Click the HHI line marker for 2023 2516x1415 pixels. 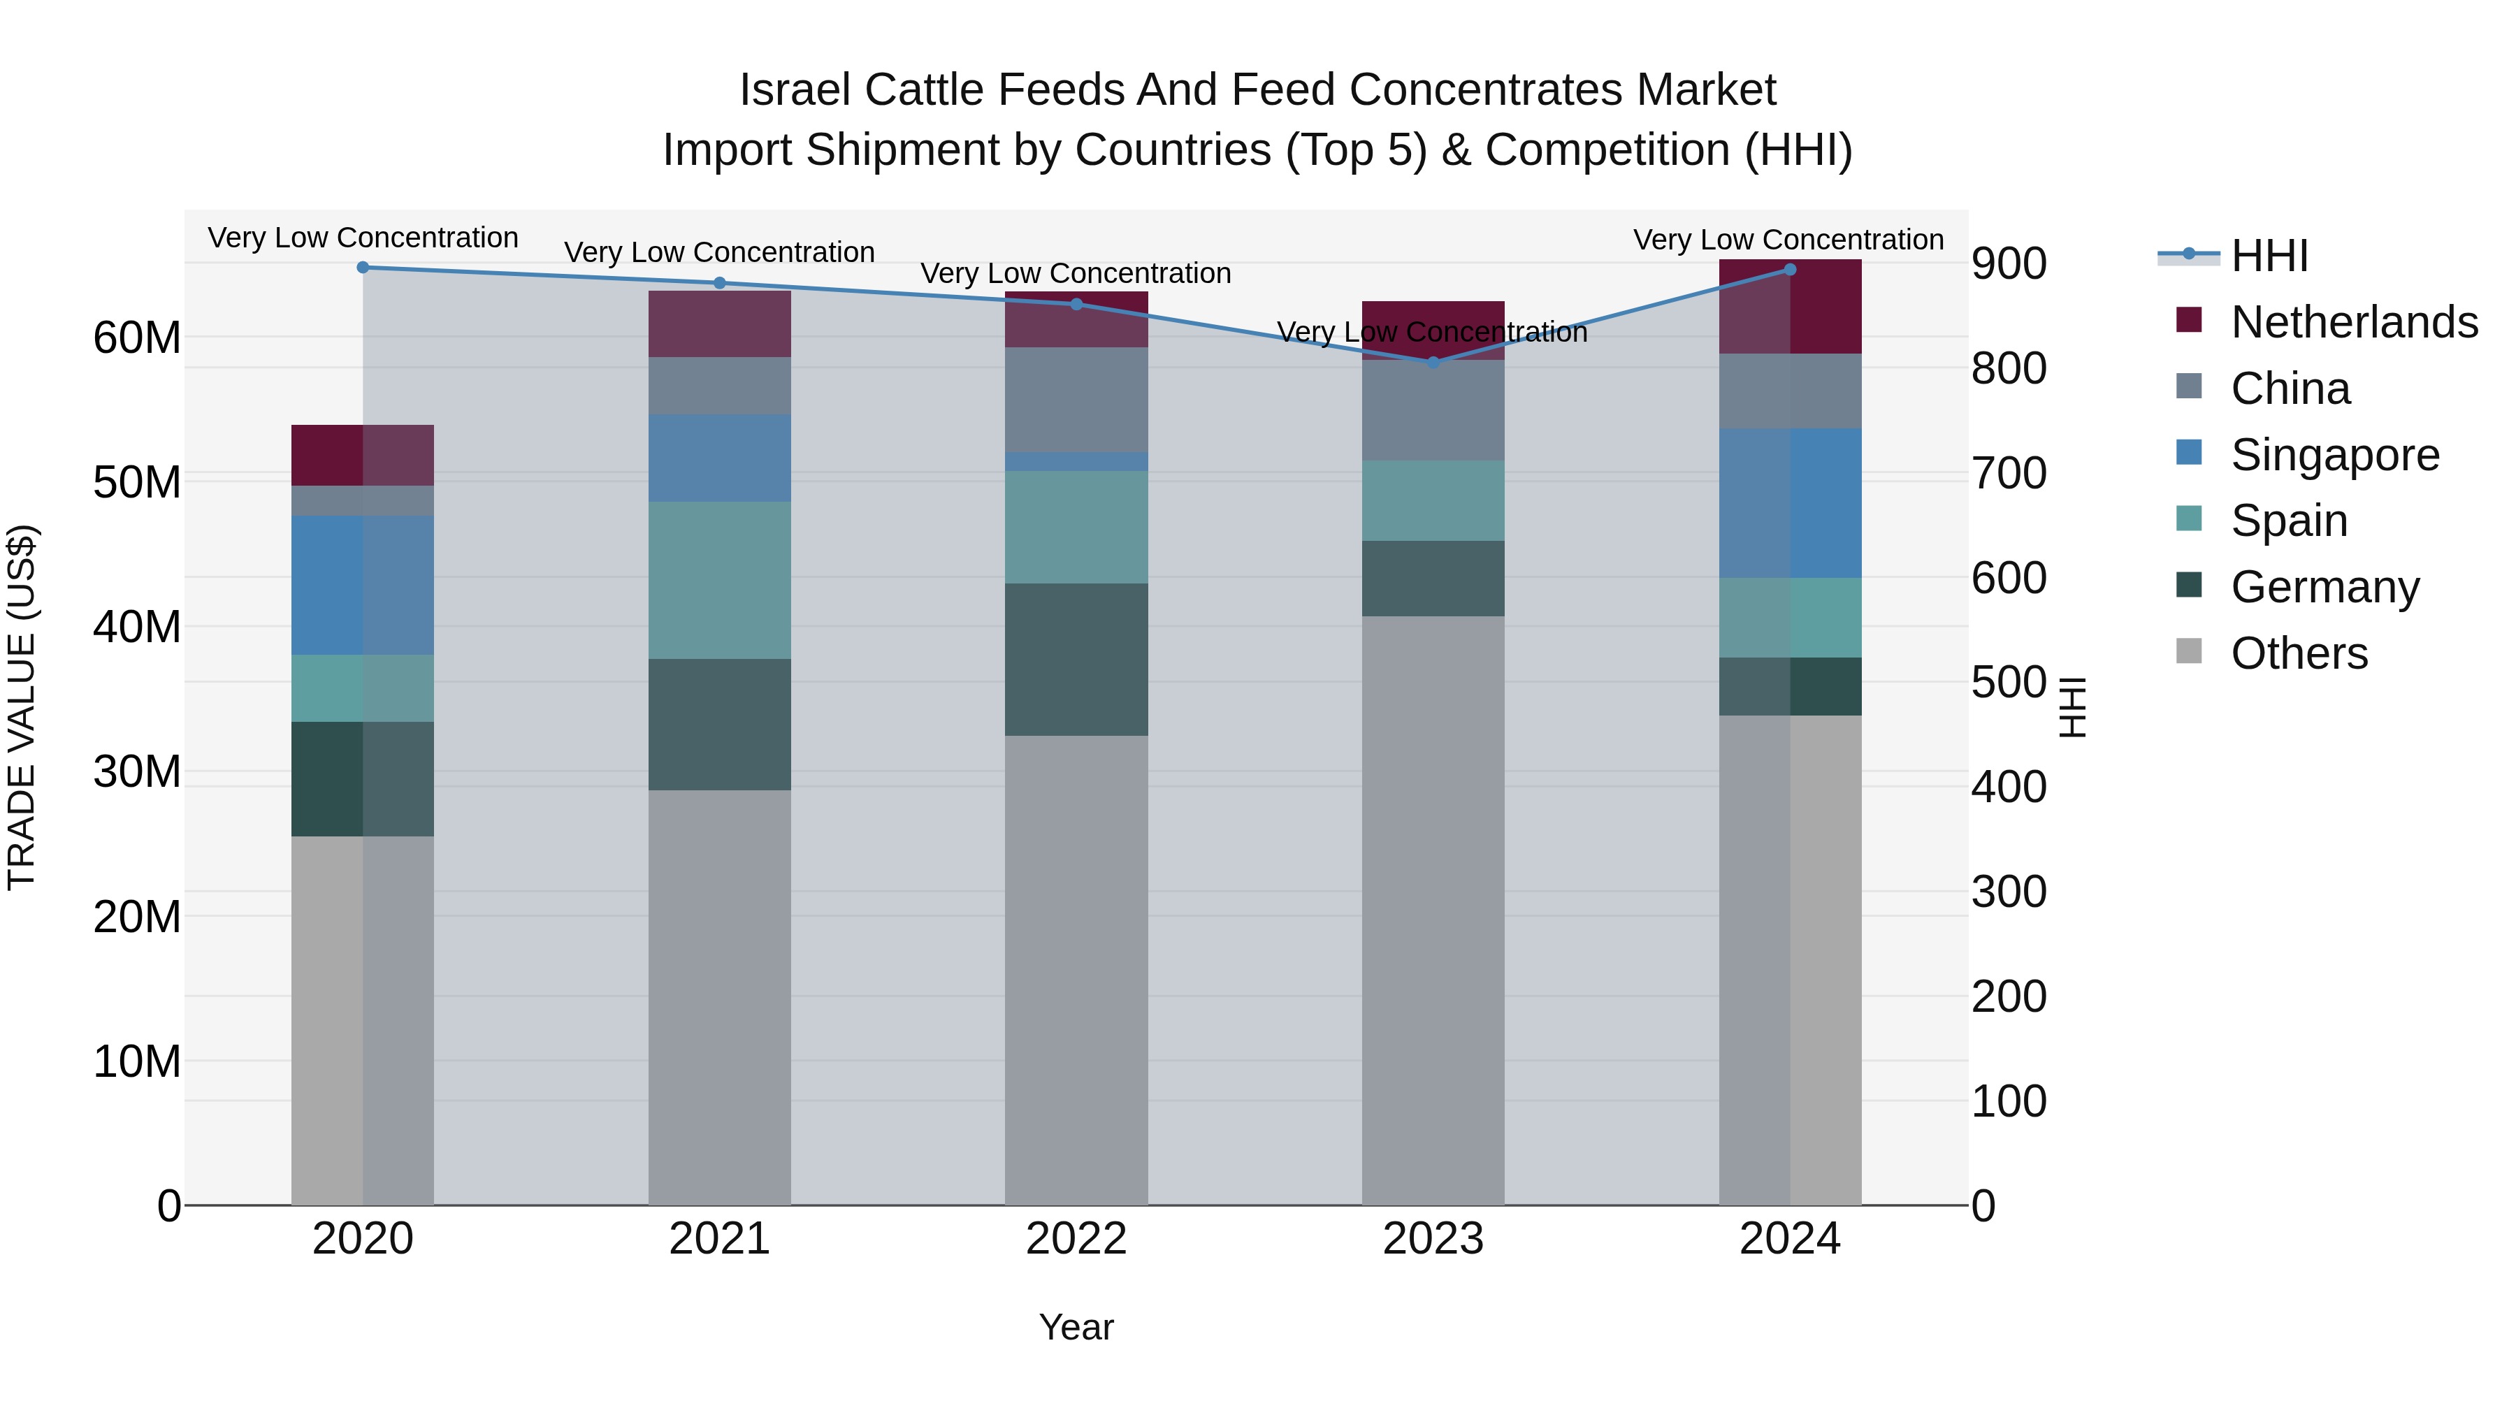pos(1433,362)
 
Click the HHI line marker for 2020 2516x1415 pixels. pos(362,267)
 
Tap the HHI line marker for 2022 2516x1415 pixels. pos(1076,304)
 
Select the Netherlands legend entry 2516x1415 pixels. pos(2354,321)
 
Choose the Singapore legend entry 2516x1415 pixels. pos(2334,454)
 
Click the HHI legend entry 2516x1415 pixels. pos(2269,255)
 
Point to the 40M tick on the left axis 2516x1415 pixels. pos(137,626)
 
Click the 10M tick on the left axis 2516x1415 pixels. pos(137,1061)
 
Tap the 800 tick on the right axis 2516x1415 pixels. pos(2008,368)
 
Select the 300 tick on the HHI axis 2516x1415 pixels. pos(2008,891)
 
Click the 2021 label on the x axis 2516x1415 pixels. pos(719,1239)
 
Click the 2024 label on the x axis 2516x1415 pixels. pos(1789,1239)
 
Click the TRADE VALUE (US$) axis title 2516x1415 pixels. pos(22,707)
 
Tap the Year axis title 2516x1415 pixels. pos(1076,1327)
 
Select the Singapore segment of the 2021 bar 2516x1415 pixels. pos(719,457)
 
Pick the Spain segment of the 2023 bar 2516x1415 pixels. pos(1433,500)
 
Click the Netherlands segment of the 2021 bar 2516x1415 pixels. pos(719,324)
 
